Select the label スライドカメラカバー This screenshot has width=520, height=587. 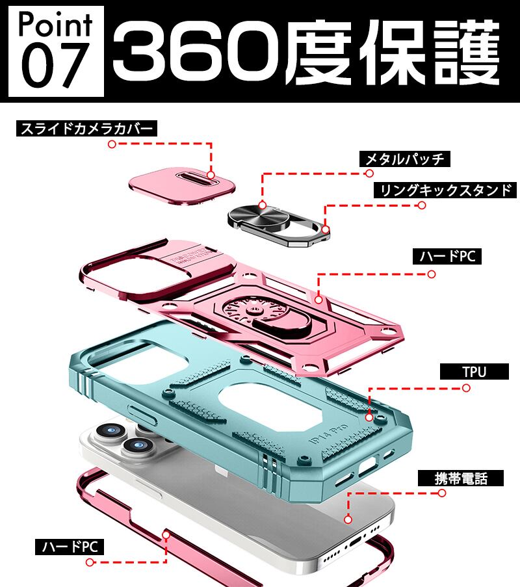coord(86,128)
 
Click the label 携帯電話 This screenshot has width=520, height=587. coord(460,478)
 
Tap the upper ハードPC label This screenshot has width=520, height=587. coord(447,257)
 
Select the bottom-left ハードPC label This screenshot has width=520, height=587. coord(69,547)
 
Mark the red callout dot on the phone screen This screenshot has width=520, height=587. coord(348,519)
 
